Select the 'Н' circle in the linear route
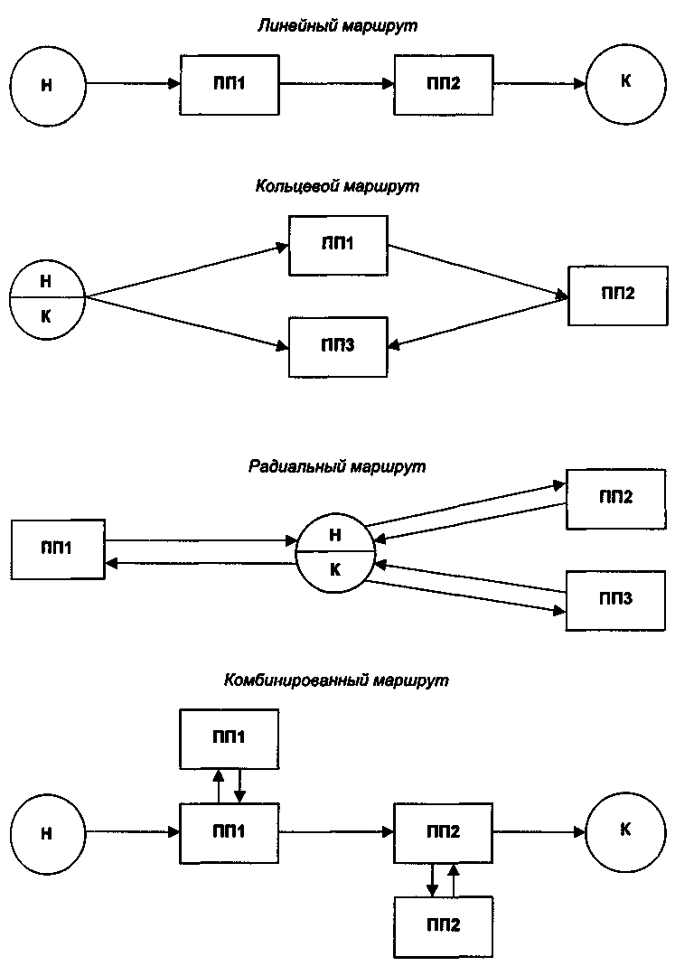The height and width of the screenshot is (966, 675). [48, 86]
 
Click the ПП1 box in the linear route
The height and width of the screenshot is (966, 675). [230, 84]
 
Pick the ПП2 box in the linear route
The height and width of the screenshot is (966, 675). [444, 84]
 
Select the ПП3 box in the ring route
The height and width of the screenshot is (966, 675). [338, 346]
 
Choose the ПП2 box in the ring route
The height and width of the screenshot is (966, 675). [618, 295]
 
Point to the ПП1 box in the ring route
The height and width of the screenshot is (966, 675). [338, 246]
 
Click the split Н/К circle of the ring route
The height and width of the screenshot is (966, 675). [47, 296]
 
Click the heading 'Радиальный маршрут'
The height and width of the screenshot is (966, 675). [337, 467]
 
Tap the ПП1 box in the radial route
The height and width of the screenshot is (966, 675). [58, 548]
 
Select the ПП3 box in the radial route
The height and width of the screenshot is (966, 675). [615, 599]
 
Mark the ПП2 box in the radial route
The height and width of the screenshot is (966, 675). [615, 499]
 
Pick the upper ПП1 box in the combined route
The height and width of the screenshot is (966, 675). [230, 737]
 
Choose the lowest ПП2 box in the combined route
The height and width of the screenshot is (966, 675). [444, 926]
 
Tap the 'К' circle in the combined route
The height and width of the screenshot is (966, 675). [625, 830]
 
